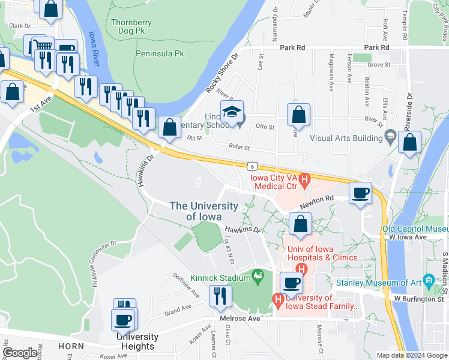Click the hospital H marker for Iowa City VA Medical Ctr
point(304,178)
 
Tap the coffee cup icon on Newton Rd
point(360,193)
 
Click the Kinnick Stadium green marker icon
point(258,276)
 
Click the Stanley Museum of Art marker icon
point(429,280)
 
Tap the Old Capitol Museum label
point(415,229)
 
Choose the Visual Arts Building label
point(346,138)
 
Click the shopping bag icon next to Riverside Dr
point(409,143)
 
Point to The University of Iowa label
point(203,211)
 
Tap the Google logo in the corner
point(20,353)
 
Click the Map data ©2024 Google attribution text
point(411,355)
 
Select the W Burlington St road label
point(418,298)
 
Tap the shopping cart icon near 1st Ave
point(43,46)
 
